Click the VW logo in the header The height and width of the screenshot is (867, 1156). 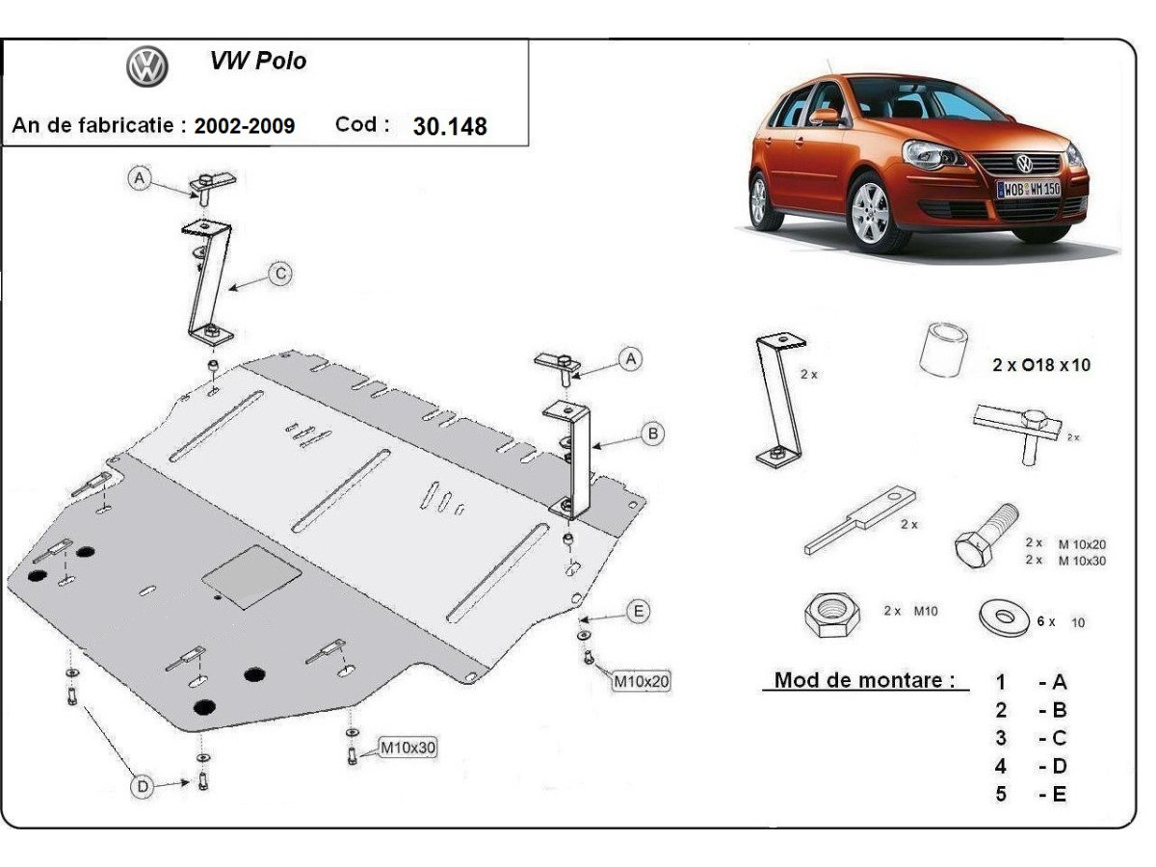point(147,66)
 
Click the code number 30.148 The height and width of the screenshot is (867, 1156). point(450,126)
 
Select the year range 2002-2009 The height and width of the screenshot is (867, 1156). point(245,126)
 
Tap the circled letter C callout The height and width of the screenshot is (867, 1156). point(279,275)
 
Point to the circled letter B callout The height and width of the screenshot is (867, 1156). point(653,433)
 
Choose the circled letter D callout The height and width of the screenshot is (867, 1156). point(143,787)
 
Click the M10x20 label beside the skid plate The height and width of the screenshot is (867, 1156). point(642,682)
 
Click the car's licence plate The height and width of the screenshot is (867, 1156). point(1028,189)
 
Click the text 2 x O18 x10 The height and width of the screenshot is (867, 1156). point(1042,365)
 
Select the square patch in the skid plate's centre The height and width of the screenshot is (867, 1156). point(251,577)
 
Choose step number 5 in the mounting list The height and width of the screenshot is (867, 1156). point(1001,795)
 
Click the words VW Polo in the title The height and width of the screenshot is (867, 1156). point(258,61)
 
